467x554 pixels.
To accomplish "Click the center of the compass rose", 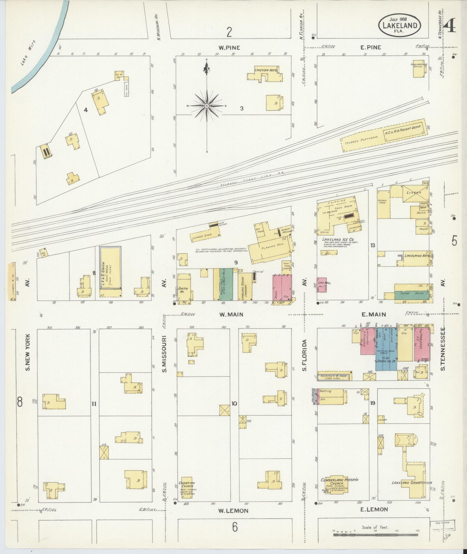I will click(207, 106).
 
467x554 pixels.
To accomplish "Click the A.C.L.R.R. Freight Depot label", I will click(402, 129).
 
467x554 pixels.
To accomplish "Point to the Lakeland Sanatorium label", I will click(411, 483).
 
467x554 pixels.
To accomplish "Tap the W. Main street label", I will click(231, 314).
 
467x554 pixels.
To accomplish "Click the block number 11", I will click(94, 404).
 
